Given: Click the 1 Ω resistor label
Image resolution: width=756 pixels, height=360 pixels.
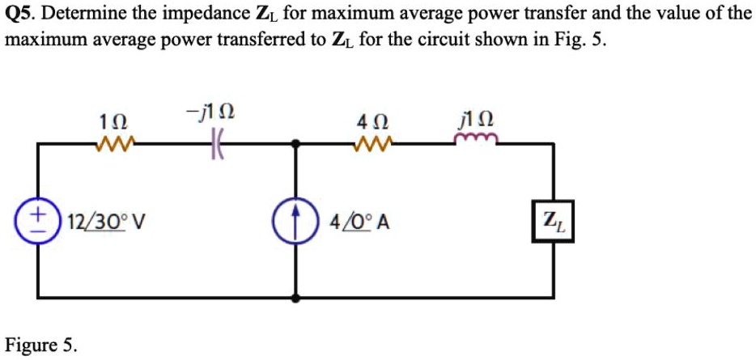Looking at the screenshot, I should coord(112,123).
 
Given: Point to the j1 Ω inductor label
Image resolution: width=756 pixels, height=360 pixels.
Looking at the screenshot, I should coord(474,122).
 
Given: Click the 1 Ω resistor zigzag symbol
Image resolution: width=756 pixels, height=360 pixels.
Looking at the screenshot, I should coord(111,146).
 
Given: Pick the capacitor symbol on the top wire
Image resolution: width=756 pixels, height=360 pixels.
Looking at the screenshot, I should coord(216,146).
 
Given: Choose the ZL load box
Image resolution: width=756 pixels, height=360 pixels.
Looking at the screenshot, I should coord(552,221).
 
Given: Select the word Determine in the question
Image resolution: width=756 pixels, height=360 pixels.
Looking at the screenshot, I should coord(80,14).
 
